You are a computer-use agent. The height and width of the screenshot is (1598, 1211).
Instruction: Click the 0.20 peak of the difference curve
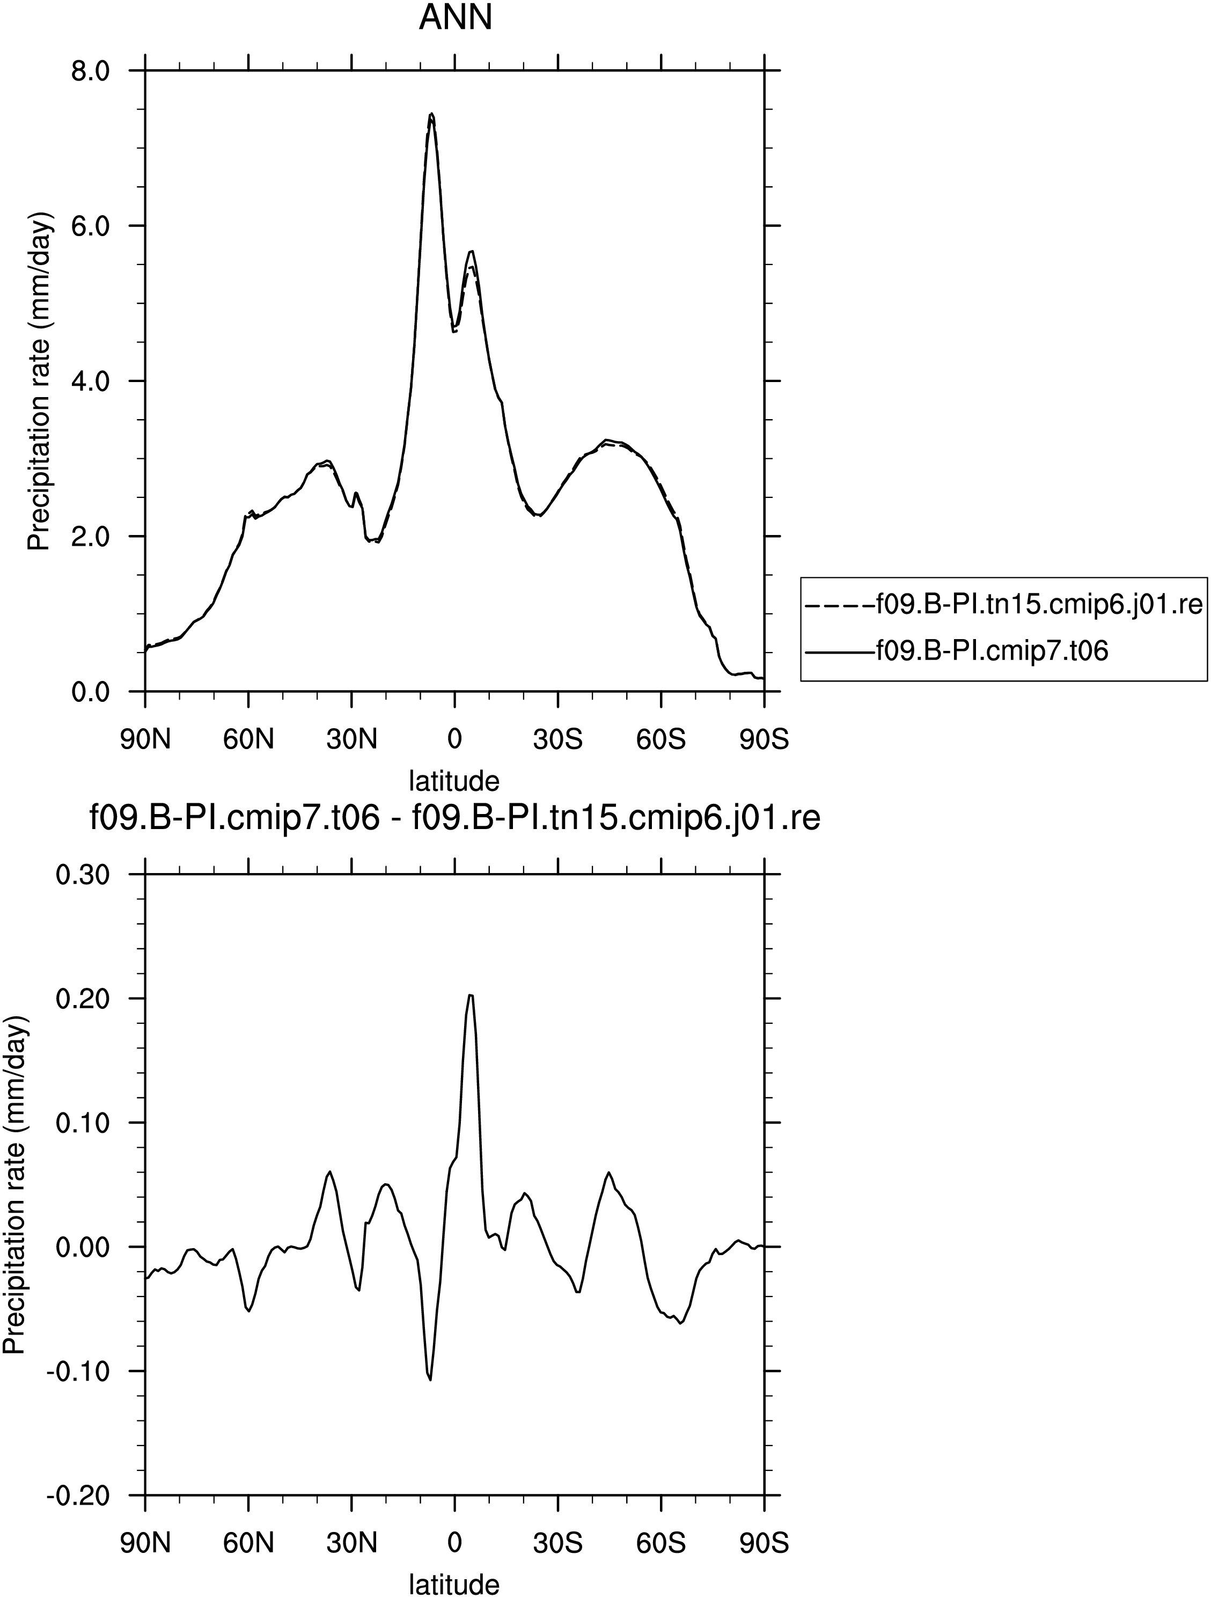pyautogui.click(x=471, y=995)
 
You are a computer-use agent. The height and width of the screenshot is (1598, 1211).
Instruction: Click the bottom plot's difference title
pyautogui.click(x=454, y=819)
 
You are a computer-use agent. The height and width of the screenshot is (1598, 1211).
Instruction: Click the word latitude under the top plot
pyautogui.click(x=454, y=781)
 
